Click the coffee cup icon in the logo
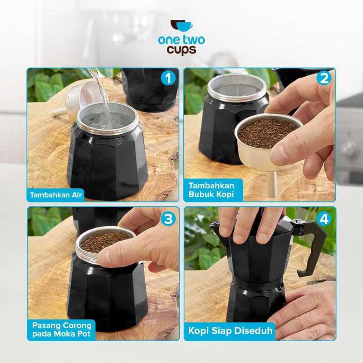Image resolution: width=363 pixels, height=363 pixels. click(181, 26)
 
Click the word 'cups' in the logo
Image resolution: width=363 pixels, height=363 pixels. click(181, 49)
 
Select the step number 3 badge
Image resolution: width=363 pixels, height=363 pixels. click(168, 219)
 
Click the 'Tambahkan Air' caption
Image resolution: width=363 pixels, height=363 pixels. click(56, 195)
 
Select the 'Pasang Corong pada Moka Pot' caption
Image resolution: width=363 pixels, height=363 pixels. click(62, 329)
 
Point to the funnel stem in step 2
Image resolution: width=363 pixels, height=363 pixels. click(271, 184)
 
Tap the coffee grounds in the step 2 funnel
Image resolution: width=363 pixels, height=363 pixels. click(268, 133)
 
